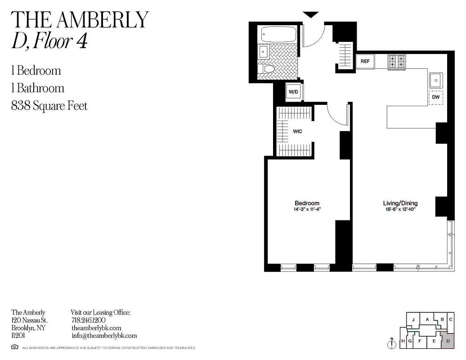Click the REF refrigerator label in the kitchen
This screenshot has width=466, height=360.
[x=365, y=61]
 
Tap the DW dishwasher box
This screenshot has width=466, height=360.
[x=435, y=97]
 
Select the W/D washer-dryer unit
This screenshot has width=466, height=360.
[x=294, y=92]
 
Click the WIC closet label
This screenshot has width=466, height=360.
[x=297, y=131]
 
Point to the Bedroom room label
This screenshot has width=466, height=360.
[x=307, y=203]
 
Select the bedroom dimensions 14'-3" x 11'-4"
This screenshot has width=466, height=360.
[x=307, y=209]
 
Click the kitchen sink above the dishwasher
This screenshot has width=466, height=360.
[x=435, y=80]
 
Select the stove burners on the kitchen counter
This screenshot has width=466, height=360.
[x=397, y=61]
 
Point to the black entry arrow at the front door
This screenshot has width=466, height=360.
[x=310, y=15]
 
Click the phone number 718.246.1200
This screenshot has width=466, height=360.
[x=88, y=320]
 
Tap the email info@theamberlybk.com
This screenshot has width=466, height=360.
[x=104, y=336]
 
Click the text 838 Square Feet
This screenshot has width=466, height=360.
[x=49, y=106]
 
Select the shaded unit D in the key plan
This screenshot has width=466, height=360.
[x=448, y=342]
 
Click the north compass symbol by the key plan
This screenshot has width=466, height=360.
[x=392, y=343]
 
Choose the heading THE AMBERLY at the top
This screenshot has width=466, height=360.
[x=80, y=19]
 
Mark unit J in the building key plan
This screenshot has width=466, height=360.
[x=412, y=320]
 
